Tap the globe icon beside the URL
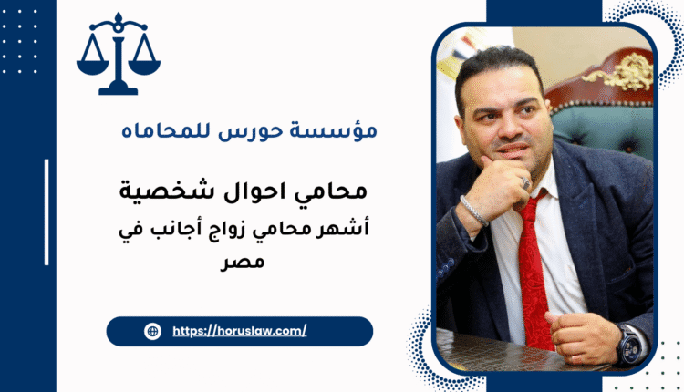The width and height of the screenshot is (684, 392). click(x=152, y=332)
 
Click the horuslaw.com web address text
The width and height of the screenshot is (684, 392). click(x=239, y=332)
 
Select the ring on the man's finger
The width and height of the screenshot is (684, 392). click(x=526, y=182)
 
